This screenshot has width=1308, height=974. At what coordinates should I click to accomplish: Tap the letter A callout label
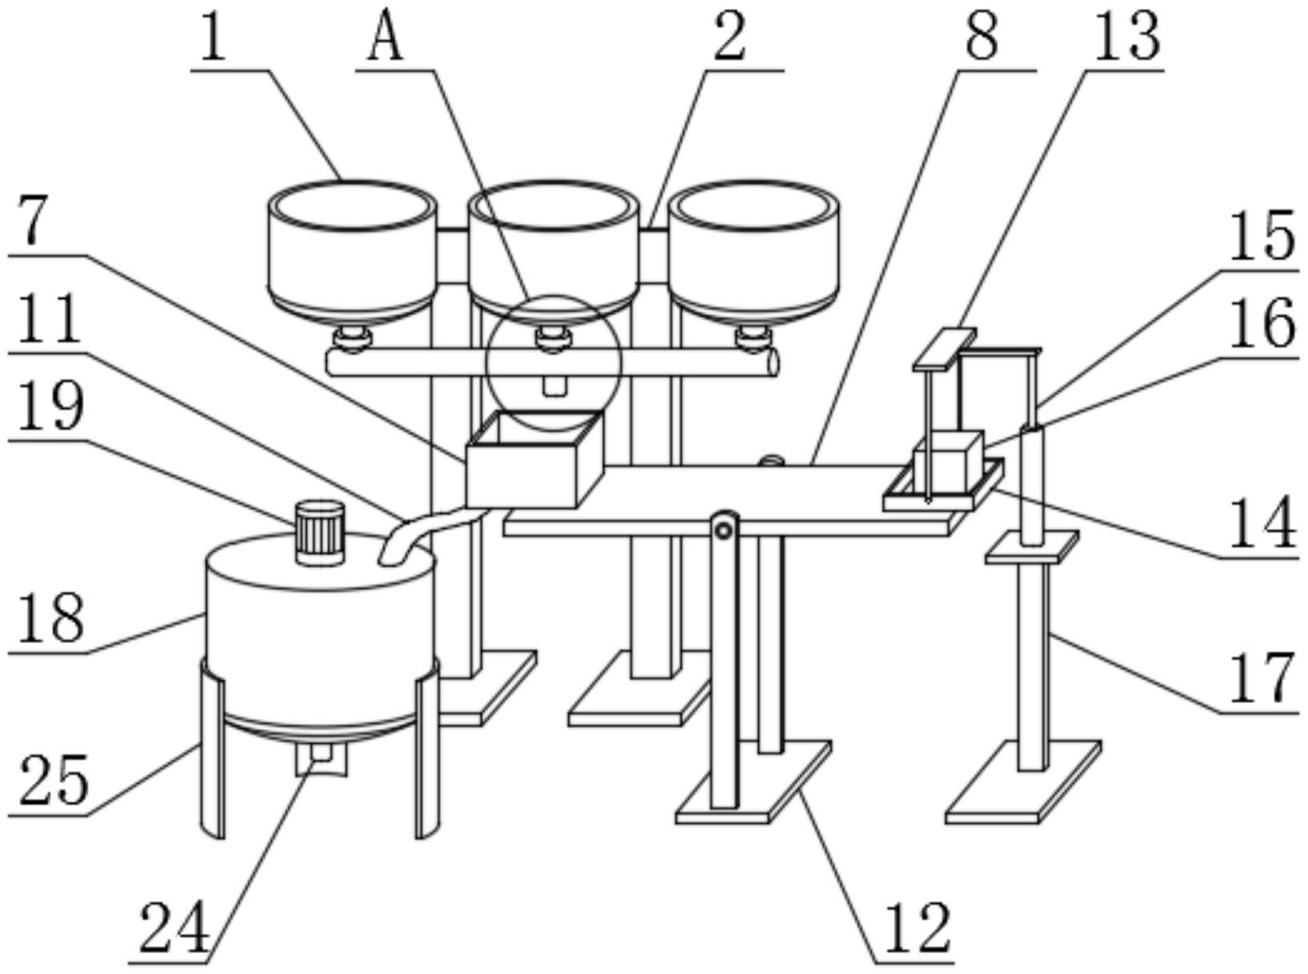click(x=385, y=38)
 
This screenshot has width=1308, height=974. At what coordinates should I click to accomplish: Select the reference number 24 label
click(x=174, y=927)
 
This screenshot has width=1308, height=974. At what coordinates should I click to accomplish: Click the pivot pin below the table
click(x=724, y=530)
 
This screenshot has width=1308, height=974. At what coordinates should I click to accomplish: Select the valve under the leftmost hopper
click(x=351, y=340)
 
